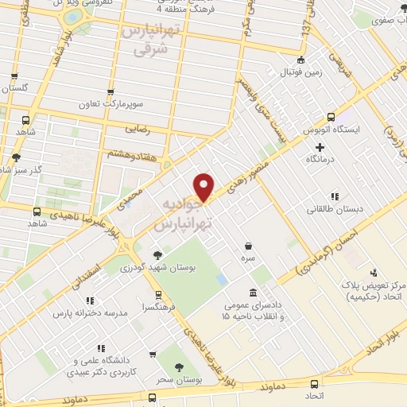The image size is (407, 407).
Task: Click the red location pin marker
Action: click(205, 188)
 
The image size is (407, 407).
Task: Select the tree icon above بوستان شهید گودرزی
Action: click(158, 254)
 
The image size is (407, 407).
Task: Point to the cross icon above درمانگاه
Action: click(320, 147)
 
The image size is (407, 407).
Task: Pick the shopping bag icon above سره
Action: click(250, 246)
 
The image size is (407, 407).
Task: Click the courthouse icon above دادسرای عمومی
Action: click(253, 293)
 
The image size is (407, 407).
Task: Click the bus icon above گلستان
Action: click(14, 77)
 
